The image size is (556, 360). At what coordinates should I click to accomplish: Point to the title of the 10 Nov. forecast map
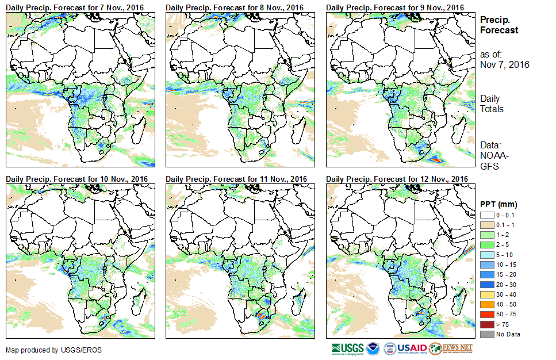[77, 179]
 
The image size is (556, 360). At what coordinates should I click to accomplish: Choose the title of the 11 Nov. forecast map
[236, 179]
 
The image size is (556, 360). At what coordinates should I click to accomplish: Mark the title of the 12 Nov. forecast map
[397, 179]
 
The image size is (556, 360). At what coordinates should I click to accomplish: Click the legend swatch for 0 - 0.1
[486, 215]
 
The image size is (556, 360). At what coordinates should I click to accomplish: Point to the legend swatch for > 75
[486, 325]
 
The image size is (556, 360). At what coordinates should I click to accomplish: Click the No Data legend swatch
[486, 334]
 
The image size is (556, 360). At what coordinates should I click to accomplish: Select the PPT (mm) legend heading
[499, 204]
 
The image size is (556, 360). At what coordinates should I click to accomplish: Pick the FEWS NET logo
[451, 348]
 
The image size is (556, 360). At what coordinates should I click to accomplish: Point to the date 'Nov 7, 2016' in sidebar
[504, 64]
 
